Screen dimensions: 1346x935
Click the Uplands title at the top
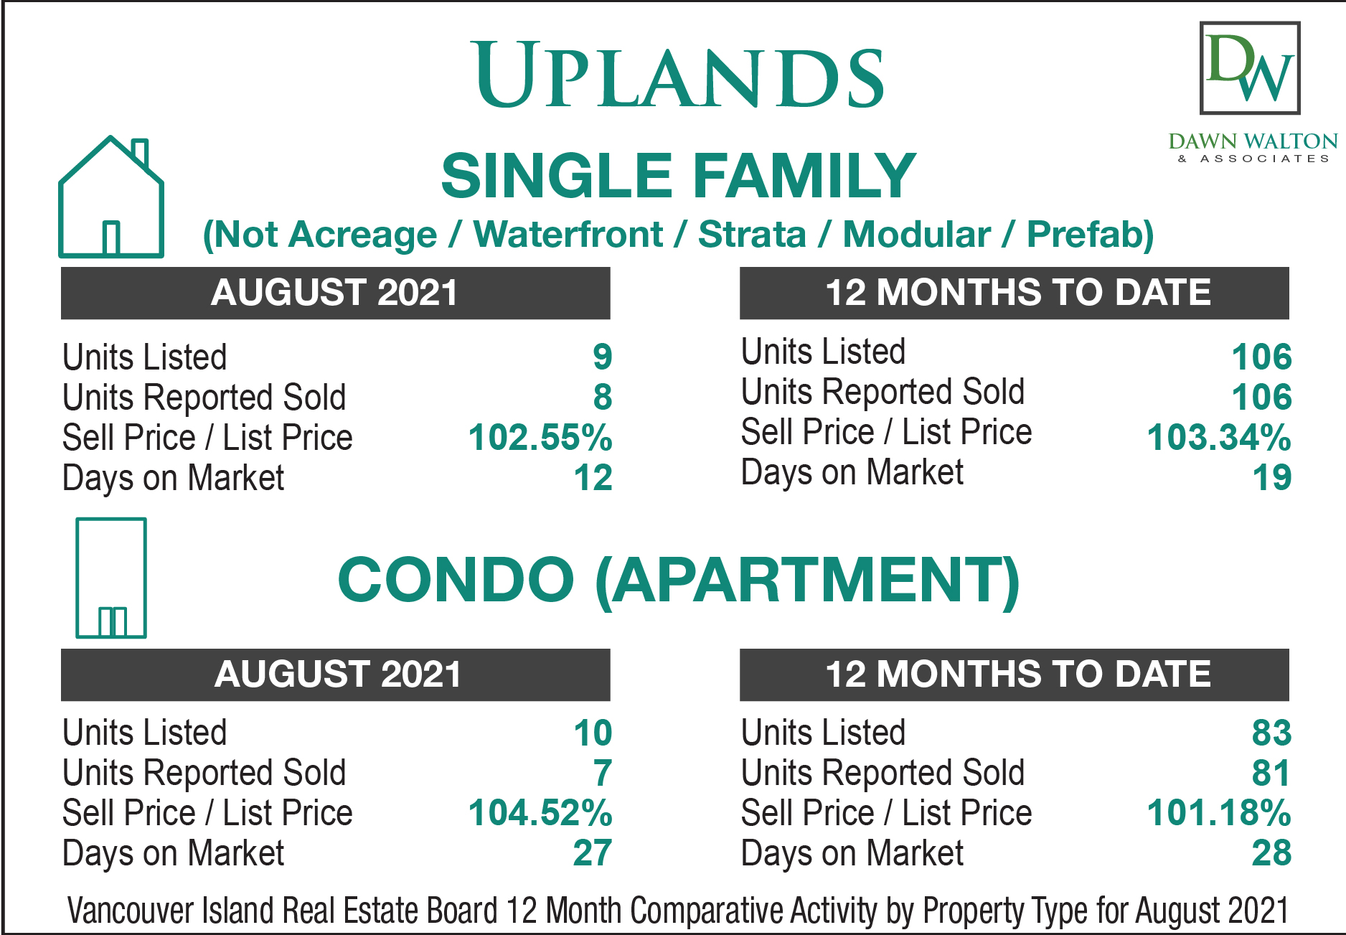(679, 75)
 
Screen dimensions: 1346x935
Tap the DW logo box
(1250, 67)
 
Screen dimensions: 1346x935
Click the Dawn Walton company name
(1253, 141)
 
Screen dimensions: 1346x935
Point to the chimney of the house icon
(141, 152)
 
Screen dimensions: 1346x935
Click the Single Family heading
(678, 176)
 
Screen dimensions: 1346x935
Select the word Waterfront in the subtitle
(568, 235)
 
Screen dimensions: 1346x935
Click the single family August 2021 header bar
(335, 293)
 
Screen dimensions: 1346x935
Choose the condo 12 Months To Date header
(1014, 675)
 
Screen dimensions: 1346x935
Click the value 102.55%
(540, 437)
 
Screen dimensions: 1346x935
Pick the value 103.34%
(1219, 437)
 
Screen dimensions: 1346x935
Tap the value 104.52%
(540, 813)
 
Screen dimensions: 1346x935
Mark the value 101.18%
(1219, 813)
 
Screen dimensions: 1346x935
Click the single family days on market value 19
(1271, 478)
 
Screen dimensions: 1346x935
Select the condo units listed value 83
(1271, 733)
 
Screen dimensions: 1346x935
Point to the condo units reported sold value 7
(603, 773)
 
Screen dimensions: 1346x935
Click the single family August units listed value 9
(603, 357)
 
